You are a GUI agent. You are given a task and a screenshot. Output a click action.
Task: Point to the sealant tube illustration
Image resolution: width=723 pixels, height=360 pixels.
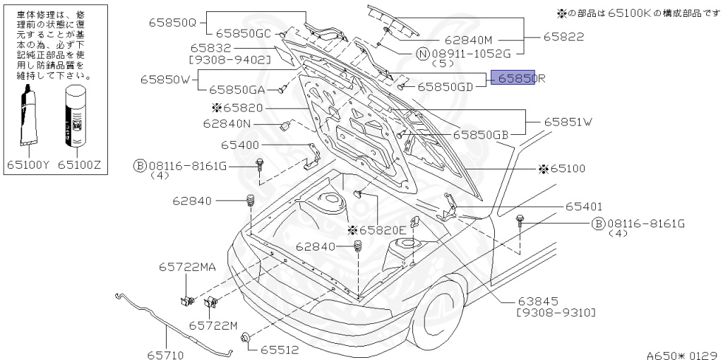coord(28,116)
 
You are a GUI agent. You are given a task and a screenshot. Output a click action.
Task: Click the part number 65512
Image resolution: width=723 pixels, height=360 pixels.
coord(279,349)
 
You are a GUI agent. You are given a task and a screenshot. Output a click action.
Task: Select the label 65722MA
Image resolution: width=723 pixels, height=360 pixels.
coord(186,267)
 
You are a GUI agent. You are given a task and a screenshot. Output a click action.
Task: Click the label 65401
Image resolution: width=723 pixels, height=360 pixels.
coord(583,207)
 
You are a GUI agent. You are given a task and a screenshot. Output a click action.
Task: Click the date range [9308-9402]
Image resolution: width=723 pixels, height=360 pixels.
coord(230,61)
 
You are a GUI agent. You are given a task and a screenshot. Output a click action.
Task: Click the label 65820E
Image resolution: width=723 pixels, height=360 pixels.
coord(382,230)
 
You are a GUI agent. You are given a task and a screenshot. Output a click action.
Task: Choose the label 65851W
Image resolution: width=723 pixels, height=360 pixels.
coord(567,122)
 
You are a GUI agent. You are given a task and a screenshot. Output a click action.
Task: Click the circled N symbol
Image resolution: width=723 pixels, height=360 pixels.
coord(421,53)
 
